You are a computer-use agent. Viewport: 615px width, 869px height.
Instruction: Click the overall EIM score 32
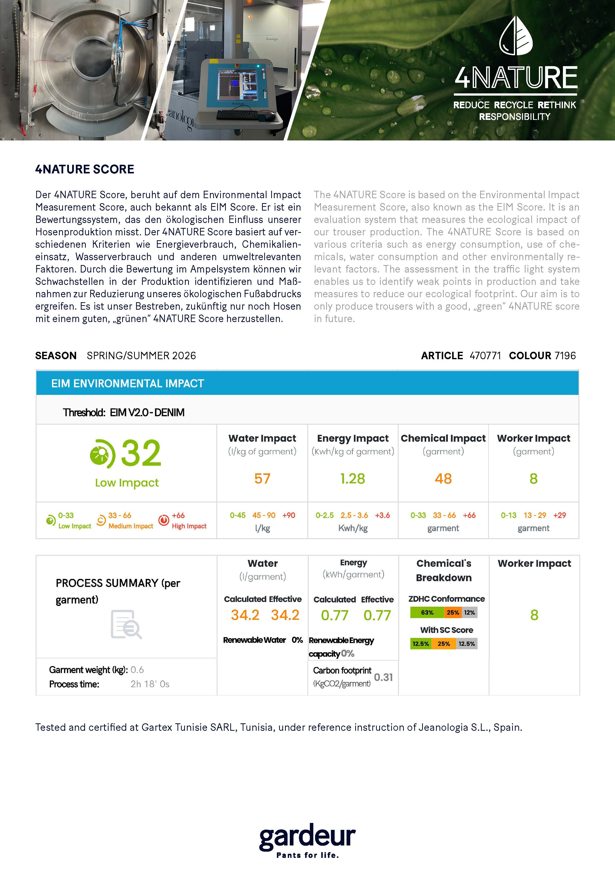point(141,453)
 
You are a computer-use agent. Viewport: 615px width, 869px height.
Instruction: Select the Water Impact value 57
point(262,479)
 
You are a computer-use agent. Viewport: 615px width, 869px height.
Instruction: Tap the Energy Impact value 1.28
point(352,479)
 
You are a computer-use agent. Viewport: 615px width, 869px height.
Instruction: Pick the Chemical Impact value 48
point(443,479)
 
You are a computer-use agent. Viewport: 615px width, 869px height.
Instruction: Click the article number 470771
point(485,356)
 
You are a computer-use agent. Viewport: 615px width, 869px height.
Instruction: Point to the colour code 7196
point(565,356)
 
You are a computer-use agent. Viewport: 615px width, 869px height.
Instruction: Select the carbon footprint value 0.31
point(383,677)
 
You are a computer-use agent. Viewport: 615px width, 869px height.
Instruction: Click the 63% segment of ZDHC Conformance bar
point(427,612)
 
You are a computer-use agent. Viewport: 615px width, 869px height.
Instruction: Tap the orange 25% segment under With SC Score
point(443,644)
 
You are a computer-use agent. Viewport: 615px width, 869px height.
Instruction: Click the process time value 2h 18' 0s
point(150,684)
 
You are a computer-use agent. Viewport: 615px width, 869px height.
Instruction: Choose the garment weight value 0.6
point(137,670)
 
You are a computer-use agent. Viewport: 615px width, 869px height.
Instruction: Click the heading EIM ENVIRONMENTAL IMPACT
point(128,383)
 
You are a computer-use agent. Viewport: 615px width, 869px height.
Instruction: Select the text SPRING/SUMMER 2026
point(141,356)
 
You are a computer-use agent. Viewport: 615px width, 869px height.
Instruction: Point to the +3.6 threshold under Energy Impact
point(382,515)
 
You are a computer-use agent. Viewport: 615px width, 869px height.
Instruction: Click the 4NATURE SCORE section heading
point(85,169)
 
